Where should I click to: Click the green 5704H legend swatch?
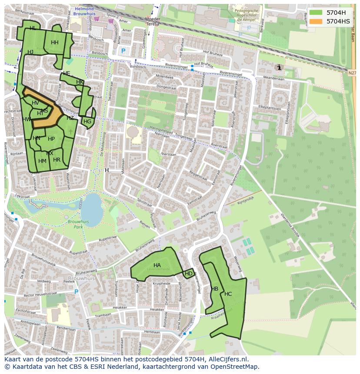(316, 13)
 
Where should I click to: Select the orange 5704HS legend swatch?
(316, 21)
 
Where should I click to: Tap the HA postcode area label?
(157, 265)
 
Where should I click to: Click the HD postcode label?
(189, 274)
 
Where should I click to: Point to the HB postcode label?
(214, 289)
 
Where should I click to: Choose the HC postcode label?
(228, 294)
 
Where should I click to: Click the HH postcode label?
(54, 43)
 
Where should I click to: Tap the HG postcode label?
(87, 122)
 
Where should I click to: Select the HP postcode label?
(51, 139)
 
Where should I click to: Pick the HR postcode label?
(57, 160)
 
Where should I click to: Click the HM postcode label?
(42, 161)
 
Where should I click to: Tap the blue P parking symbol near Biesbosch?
(123, 51)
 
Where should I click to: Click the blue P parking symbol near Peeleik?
(77, 292)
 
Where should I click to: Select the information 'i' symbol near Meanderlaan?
(279, 67)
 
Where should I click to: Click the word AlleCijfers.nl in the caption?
(228, 359)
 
